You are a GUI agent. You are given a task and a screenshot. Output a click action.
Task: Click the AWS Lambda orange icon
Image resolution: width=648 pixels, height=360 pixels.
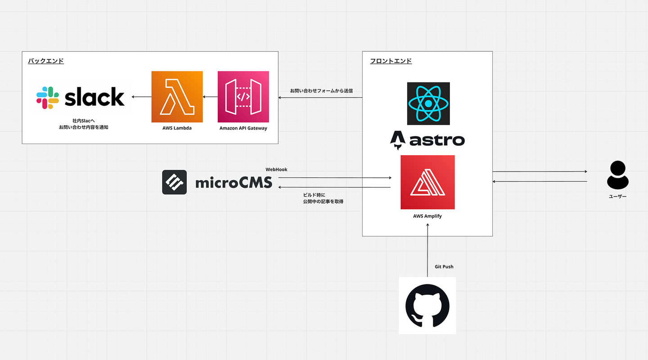coord(177,97)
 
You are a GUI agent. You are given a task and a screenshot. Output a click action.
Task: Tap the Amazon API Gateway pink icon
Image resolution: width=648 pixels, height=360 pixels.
coord(243,97)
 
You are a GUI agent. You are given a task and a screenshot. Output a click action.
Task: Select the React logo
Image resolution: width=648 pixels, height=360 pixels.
coord(428,103)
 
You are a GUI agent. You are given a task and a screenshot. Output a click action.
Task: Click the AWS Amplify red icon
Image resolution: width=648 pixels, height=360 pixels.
coord(427,182)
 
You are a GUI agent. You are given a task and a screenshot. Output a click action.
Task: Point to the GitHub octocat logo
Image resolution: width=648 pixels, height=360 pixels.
coord(427,306)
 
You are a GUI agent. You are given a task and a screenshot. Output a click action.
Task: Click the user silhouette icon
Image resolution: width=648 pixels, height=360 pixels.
coord(617,175)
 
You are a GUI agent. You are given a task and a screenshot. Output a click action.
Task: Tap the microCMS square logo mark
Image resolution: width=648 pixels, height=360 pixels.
coord(174,182)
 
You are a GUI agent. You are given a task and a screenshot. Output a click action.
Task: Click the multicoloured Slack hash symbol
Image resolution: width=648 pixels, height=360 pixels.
coord(48,98)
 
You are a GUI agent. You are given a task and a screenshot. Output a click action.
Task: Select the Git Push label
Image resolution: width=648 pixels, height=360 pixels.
coord(444,267)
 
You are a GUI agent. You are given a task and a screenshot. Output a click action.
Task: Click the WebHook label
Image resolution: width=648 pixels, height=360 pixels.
coord(276,170)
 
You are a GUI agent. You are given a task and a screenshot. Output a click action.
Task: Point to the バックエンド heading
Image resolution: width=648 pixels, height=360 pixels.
coord(46,61)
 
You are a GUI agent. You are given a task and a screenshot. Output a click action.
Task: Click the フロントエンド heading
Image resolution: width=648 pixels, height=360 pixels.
coord(391,61)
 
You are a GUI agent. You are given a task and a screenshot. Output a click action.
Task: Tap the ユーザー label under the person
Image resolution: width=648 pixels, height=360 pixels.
coord(617,197)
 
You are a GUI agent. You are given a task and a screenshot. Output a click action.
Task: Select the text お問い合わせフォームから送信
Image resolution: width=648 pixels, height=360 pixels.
coord(321,91)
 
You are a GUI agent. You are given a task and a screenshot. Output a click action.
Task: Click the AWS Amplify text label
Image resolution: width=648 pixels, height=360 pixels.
coord(427,216)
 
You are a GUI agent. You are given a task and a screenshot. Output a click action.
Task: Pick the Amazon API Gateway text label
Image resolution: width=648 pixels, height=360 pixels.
coord(243,128)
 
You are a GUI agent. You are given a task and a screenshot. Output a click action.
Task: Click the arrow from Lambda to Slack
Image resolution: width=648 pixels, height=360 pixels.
coord(141,97)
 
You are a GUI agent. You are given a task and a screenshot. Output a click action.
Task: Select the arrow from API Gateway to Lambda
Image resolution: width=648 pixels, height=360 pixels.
coord(210,97)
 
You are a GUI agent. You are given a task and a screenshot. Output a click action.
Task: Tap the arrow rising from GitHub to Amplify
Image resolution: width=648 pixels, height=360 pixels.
coord(427,250)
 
